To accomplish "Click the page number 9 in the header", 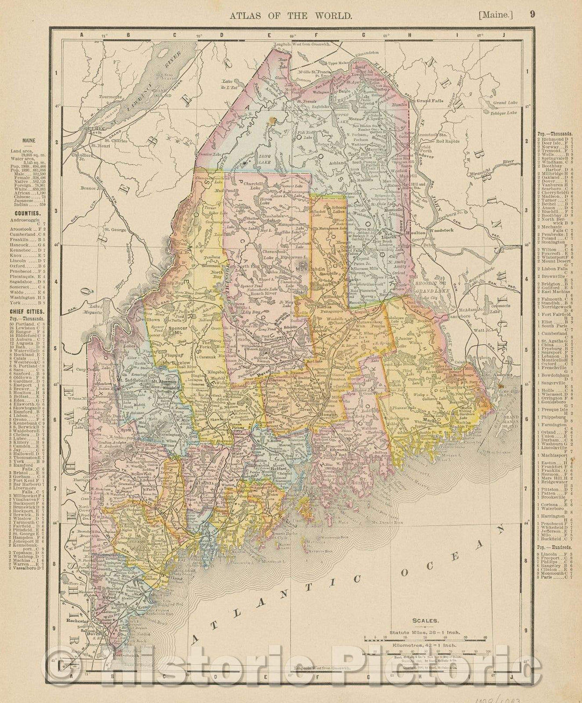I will click(x=532, y=15).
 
